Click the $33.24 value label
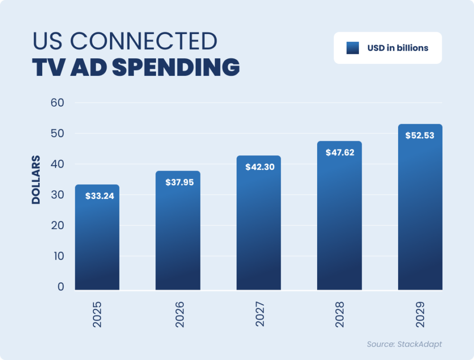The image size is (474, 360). (x=100, y=196)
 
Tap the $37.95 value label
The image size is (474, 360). (x=180, y=182)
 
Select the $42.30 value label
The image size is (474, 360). (x=260, y=167)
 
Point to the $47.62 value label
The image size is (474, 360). (x=340, y=153)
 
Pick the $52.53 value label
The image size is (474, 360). (x=420, y=135)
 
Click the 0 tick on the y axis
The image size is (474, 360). (x=61, y=287)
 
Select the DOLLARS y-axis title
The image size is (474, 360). (x=36, y=180)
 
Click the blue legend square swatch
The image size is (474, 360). (x=353, y=48)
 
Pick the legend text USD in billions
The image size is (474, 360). (x=398, y=48)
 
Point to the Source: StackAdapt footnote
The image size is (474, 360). (x=404, y=344)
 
